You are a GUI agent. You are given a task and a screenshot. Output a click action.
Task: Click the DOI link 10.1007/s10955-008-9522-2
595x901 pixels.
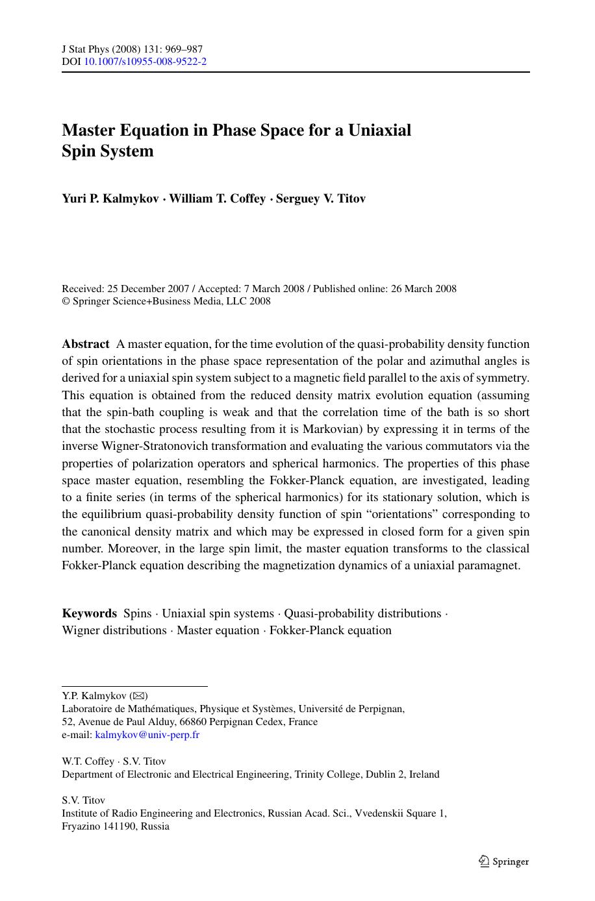[x=146, y=62]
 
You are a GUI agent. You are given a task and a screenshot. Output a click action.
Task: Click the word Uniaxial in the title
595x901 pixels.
[x=379, y=130]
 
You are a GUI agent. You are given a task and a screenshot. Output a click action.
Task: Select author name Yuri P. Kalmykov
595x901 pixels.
[x=110, y=199]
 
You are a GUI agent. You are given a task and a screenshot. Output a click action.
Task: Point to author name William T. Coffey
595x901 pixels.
[x=217, y=199]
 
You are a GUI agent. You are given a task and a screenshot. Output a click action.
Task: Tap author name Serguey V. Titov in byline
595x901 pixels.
[x=321, y=199]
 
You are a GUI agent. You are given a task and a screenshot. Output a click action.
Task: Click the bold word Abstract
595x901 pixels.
[x=85, y=344]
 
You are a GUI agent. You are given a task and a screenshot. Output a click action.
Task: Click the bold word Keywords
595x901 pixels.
[x=89, y=613]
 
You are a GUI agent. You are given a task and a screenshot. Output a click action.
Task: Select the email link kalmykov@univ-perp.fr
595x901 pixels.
[x=147, y=735]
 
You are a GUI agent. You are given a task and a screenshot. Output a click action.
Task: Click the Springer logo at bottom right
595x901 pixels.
[x=504, y=861]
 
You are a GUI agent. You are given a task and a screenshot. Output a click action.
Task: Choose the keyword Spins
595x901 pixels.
[x=137, y=613]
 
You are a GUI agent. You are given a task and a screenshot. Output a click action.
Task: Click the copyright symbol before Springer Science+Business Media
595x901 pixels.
[x=66, y=301]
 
